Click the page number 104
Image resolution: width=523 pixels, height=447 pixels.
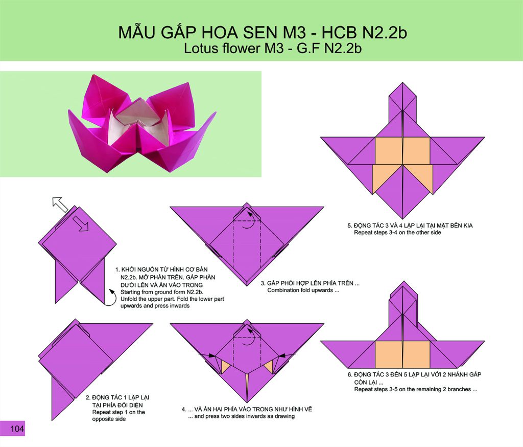tap(17, 429)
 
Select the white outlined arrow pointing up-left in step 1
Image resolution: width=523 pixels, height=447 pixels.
tap(60, 204)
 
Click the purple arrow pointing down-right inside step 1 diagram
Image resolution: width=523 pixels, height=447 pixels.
tap(80, 223)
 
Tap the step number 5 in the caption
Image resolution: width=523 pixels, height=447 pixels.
tap(349, 226)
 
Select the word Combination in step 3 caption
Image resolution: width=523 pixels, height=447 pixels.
tap(283, 290)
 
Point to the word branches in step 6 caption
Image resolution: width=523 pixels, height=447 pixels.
tap(459, 389)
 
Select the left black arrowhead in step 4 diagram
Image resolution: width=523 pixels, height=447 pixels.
tap(211, 356)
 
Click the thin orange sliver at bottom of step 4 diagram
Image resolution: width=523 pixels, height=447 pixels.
tap(247, 388)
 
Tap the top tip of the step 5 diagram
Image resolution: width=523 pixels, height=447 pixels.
tap(402, 82)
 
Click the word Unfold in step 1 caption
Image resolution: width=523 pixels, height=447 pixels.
tap(129, 299)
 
